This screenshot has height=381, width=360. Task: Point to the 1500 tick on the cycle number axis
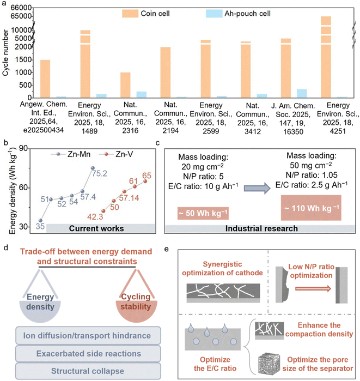(23, 59)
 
